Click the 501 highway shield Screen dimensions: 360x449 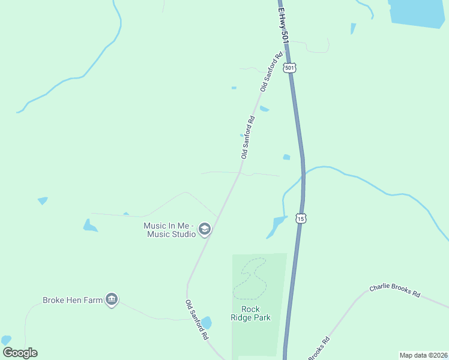290,68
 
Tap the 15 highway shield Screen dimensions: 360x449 301,219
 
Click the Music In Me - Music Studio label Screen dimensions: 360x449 170,230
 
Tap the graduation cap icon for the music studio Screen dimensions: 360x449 205,229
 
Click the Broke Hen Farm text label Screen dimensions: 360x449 73,300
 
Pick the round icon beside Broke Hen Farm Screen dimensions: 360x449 111,299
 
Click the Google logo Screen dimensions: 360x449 20,353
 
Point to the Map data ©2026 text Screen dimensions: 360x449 423,355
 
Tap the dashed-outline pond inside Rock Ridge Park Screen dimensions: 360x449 252,278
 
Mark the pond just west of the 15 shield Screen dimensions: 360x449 277,225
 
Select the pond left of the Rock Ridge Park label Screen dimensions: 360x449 206,322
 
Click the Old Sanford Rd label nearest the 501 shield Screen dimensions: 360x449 271,73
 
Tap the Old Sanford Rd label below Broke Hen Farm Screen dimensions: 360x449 196,320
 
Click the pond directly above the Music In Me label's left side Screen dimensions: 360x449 90,226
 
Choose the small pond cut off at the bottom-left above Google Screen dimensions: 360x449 6,340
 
